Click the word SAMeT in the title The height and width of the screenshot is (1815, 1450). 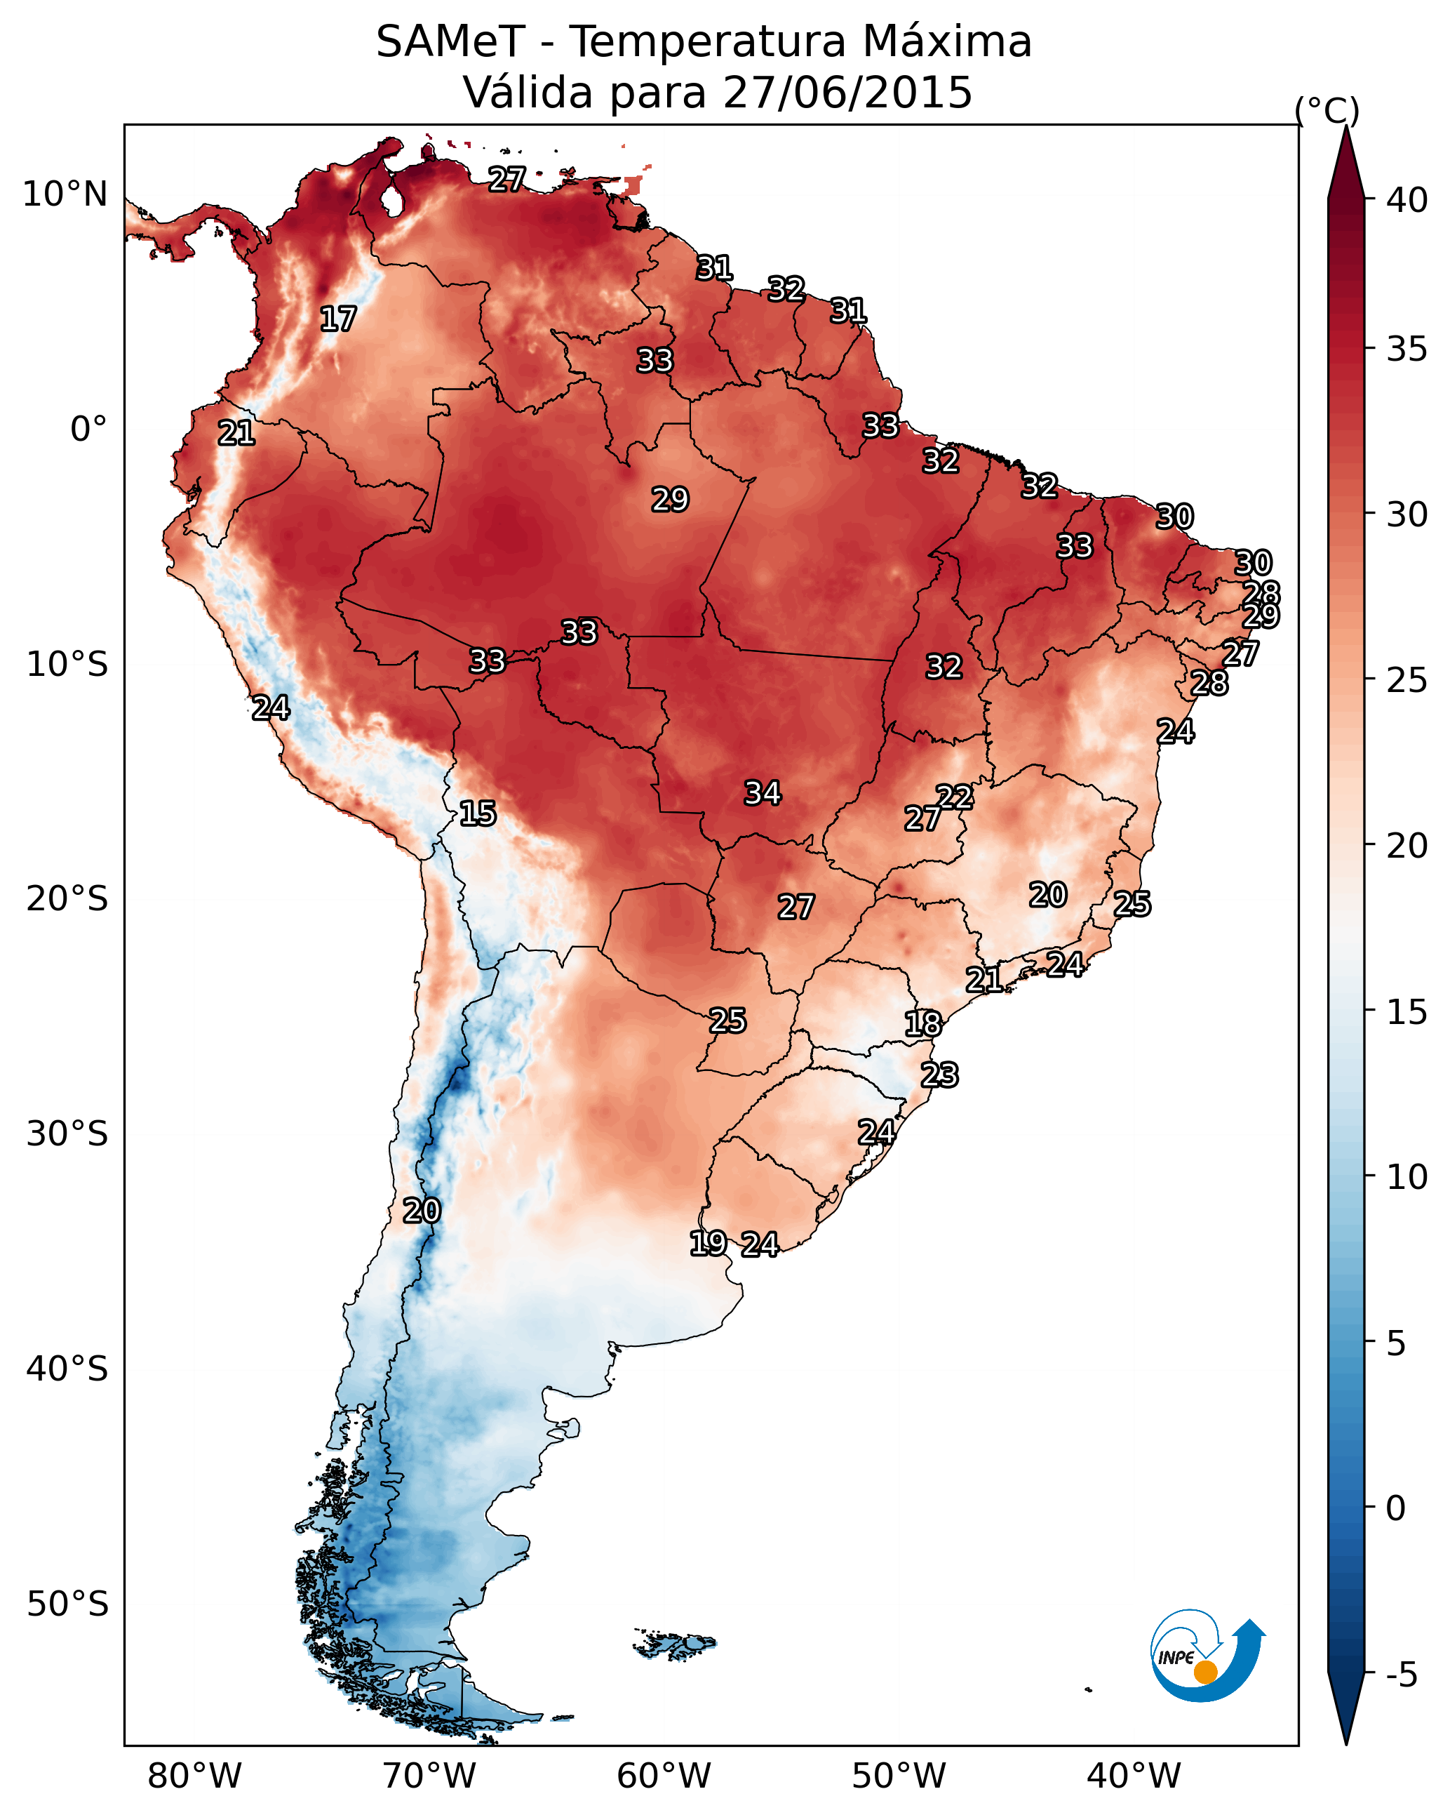(x=450, y=41)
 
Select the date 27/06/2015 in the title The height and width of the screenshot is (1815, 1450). (x=847, y=92)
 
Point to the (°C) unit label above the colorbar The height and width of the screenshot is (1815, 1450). (x=1327, y=110)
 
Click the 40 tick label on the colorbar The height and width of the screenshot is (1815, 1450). (x=1407, y=200)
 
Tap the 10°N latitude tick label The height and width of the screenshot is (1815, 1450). (x=66, y=194)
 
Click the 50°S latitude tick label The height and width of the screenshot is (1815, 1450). (x=67, y=1604)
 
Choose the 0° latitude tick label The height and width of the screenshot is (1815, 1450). (x=89, y=430)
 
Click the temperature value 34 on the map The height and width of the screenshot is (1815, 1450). (x=763, y=793)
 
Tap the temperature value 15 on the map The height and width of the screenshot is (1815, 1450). (x=478, y=813)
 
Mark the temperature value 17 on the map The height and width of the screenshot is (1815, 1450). (x=338, y=319)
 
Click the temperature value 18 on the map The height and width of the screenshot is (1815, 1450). (x=923, y=1024)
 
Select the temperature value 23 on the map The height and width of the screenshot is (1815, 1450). (x=940, y=1075)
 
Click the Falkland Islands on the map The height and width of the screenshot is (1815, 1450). (x=674, y=1642)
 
